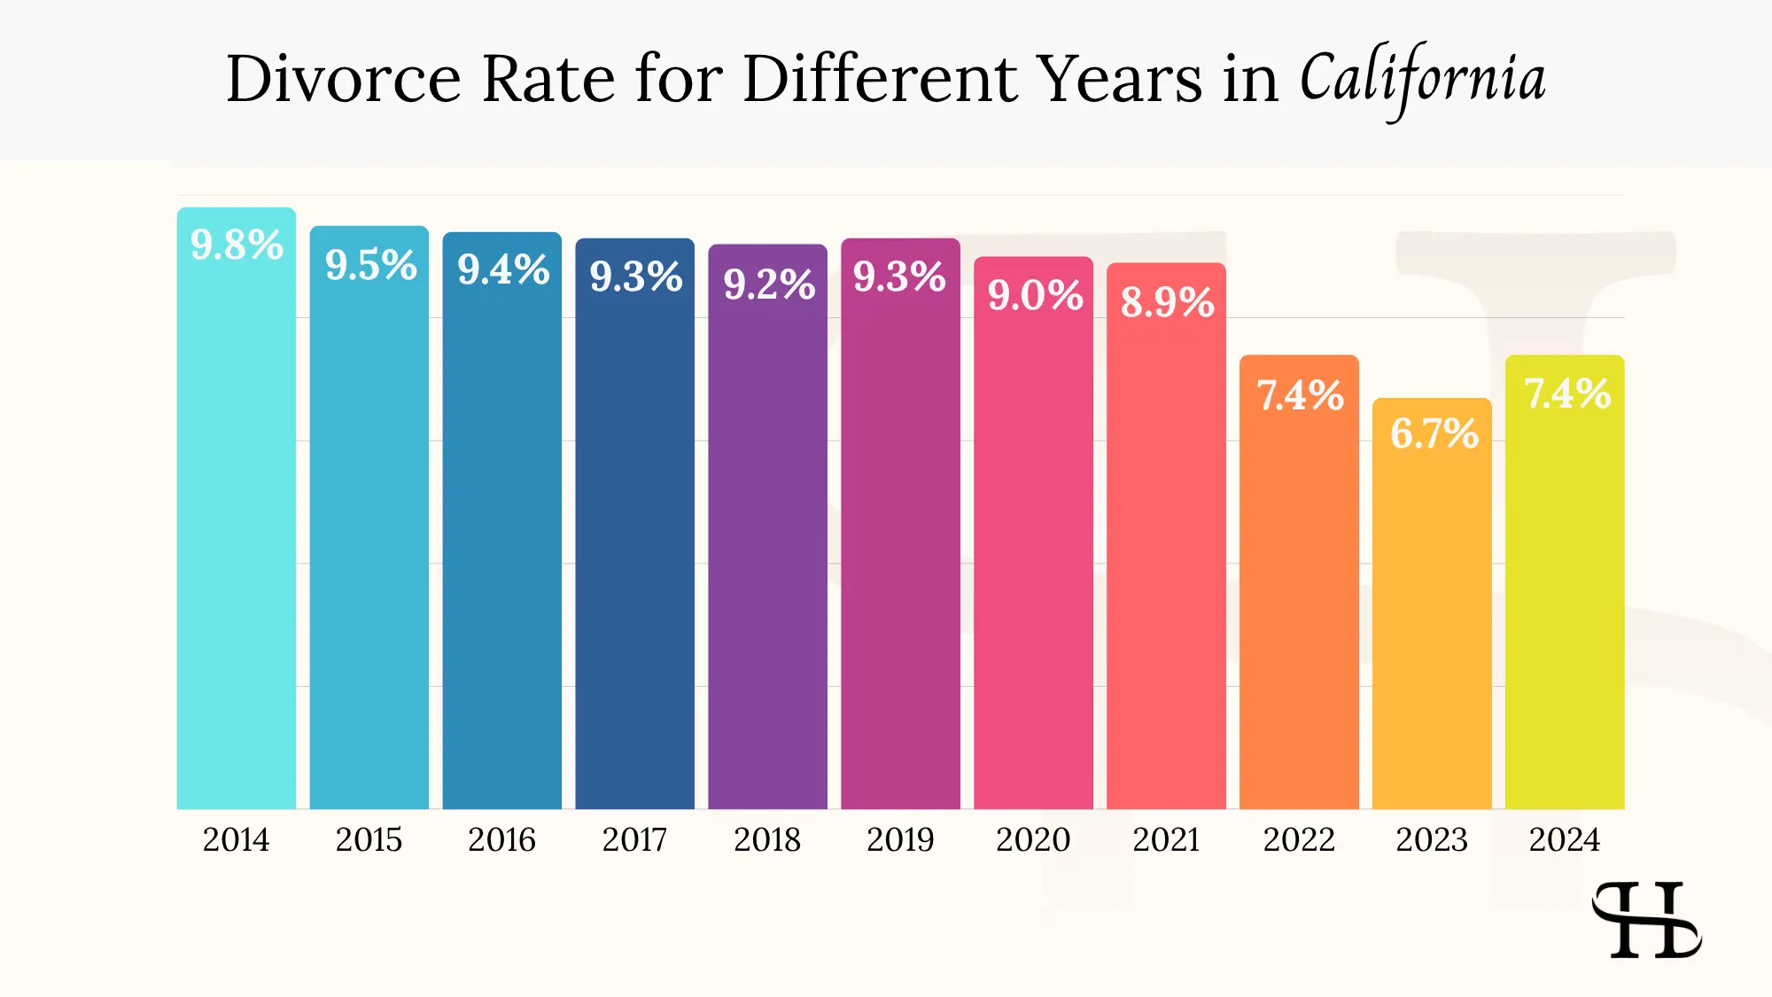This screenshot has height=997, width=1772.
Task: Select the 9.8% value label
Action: point(237,245)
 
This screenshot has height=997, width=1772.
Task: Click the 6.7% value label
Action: point(1434,434)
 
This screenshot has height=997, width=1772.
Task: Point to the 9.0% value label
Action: point(1035,295)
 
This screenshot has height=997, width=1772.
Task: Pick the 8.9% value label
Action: point(1167,302)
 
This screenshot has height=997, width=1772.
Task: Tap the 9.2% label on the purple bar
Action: point(768,284)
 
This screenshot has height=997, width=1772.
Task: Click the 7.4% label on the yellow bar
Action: point(1566,394)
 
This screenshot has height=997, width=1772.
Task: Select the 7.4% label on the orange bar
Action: point(1300,396)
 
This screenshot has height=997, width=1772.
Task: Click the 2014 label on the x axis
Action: point(236,839)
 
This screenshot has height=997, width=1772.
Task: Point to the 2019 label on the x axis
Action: point(900,839)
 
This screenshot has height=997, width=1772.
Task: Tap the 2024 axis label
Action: point(1565,839)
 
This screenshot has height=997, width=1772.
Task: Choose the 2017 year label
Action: point(634,839)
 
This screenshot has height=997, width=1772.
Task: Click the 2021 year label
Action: point(1166,839)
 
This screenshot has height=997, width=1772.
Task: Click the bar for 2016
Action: point(501,549)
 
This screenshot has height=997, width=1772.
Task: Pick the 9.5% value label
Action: point(370,265)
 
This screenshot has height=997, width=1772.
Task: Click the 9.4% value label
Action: point(503,270)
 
